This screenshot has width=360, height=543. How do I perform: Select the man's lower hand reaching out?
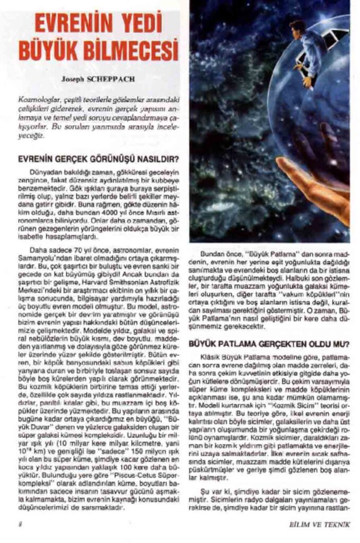pyautogui.click(x=306, y=83)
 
